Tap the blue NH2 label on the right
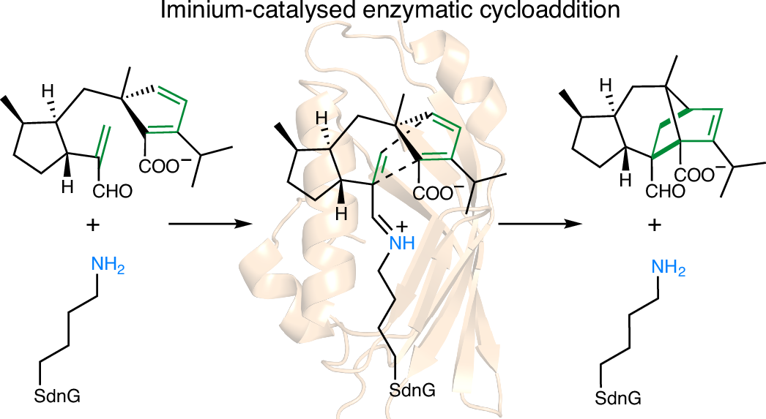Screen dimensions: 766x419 [671, 268]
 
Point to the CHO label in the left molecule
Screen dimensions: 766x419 [114, 192]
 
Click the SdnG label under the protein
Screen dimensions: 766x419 [412, 390]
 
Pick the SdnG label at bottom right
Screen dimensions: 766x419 [619, 399]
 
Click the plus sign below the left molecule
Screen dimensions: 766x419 [93, 226]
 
